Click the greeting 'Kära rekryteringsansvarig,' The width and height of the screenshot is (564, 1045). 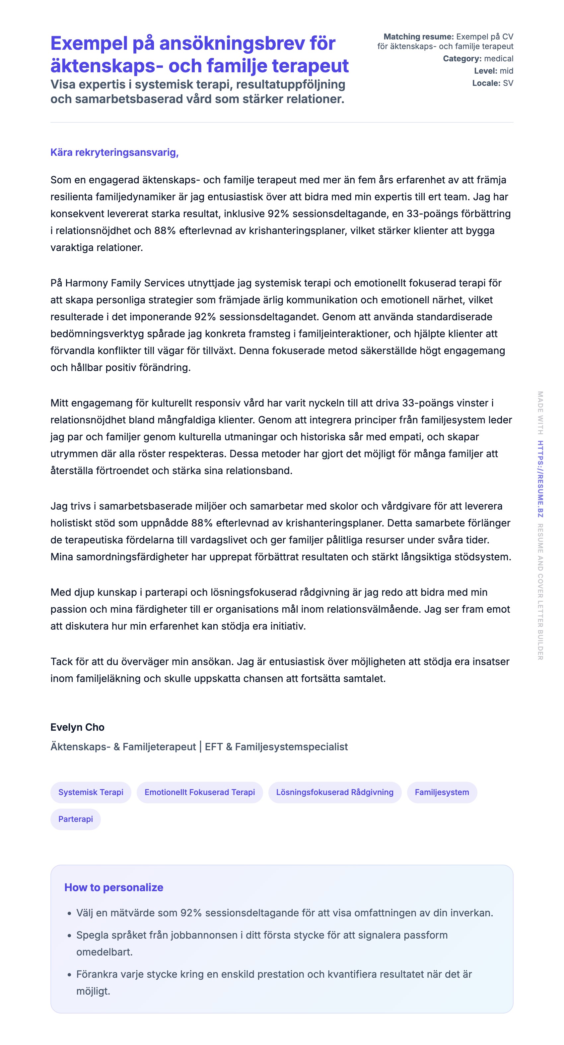point(114,153)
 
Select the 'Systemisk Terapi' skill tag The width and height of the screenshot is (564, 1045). point(91,792)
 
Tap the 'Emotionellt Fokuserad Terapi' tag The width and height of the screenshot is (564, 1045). point(199,792)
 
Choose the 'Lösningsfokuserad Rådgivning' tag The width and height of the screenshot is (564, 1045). point(334,792)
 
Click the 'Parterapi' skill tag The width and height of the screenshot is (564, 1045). point(76,819)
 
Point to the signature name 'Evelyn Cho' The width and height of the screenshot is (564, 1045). point(77,727)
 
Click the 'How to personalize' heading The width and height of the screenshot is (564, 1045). point(114,888)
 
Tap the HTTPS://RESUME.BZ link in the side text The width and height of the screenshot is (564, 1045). point(540,479)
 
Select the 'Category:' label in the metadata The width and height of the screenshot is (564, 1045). point(462,59)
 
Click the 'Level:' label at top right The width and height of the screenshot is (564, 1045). point(485,71)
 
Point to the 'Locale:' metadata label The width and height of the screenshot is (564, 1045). point(486,83)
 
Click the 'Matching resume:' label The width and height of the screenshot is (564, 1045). point(418,37)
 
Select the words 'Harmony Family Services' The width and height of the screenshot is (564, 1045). point(125,283)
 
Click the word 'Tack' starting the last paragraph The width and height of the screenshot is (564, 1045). point(61,662)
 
